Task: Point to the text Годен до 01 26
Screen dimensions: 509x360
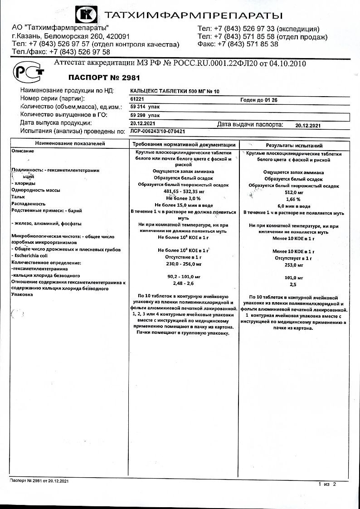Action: point(260,99)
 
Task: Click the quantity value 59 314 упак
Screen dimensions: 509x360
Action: point(145,107)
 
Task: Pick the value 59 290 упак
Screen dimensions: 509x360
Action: point(145,115)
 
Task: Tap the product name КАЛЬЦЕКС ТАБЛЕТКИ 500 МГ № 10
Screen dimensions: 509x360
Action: point(175,91)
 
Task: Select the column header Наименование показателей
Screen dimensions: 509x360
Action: point(70,144)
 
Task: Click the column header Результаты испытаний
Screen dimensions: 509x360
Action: point(294,146)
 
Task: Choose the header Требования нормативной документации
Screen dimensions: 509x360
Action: point(184,144)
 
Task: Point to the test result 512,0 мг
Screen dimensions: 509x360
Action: point(294,192)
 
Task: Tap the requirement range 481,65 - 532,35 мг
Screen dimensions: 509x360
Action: point(184,191)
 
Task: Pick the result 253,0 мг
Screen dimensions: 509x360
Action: point(294,265)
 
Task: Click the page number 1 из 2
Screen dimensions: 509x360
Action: point(327,485)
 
